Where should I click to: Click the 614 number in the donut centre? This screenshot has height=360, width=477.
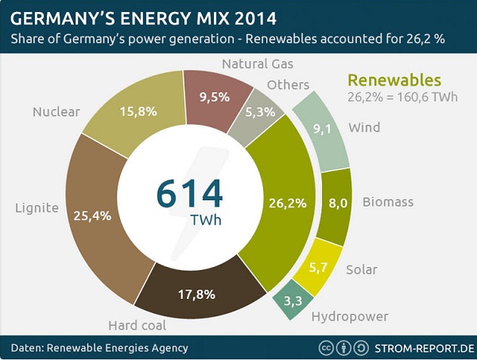[190, 193]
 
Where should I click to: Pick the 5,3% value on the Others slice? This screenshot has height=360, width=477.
[260, 112]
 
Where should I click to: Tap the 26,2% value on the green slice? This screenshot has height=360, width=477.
[288, 203]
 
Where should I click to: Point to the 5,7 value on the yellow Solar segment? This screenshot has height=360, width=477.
[318, 267]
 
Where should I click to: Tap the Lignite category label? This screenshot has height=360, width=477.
[37, 208]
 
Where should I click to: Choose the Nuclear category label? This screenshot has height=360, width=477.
[56, 111]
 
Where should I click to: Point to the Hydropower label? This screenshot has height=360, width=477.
[349, 316]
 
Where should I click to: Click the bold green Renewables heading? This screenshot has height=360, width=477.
[394, 80]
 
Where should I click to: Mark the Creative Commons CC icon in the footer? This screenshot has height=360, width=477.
[325, 347]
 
